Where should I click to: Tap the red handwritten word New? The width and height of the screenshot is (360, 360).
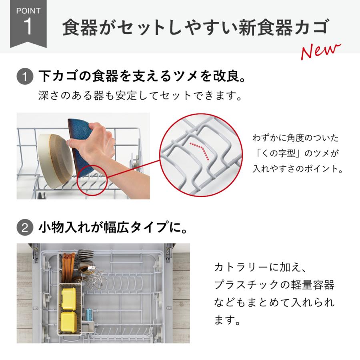pyautogui.click(x=320, y=51)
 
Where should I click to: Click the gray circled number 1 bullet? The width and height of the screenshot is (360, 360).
pyautogui.click(x=25, y=76)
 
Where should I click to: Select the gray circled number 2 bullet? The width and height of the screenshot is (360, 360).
pyautogui.click(x=25, y=228)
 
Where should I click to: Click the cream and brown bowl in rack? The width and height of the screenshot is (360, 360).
pyautogui.click(x=55, y=161)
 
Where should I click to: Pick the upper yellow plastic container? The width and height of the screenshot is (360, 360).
pyautogui.click(x=68, y=298)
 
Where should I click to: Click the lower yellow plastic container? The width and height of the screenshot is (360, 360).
pyautogui.click(x=68, y=322)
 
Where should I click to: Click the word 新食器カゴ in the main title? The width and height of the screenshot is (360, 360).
pyautogui.click(x=283, y=28)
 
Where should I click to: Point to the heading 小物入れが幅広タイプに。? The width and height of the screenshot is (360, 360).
pyautogui.click(x=113, y=227)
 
